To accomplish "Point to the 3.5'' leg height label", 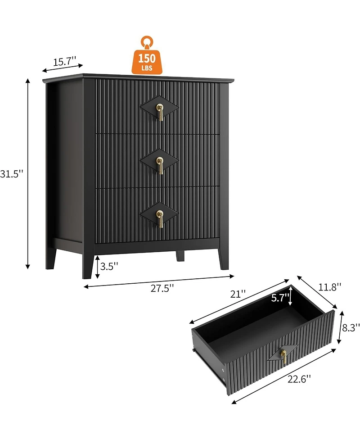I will click(109, 266).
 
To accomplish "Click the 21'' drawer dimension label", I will click(237, 294).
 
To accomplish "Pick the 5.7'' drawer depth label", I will click(279, 298).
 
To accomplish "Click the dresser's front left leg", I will click(88, 266).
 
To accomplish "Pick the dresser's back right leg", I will click(180, 256).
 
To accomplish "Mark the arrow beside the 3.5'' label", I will click(98, 266).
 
